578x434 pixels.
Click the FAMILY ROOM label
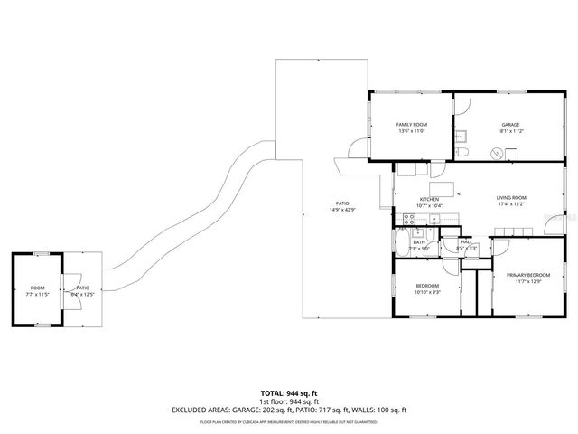(x=411, y=124)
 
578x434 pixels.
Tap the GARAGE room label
(x=510, y=125)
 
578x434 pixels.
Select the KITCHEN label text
(x=428, y=199)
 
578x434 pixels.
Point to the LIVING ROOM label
(x=510, y=198)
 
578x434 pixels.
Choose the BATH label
(x=419, y=242)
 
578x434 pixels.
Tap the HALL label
(x=466, y=242)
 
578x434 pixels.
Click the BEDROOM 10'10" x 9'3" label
(x=427, y=288)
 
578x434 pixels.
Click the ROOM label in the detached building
(x=37, y=288)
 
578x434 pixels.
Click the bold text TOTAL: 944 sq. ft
(x=288, y=393)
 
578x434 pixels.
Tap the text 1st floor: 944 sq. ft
(x=288, y=401)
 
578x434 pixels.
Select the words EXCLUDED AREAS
(x=203, y=410)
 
